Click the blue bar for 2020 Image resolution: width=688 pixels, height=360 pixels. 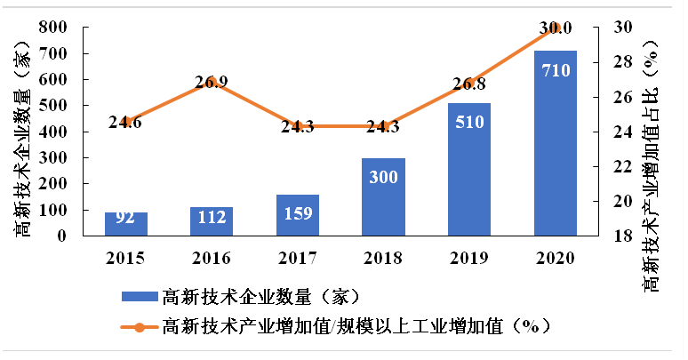click(556, 142)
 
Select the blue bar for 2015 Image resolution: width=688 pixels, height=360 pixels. click(126, 224)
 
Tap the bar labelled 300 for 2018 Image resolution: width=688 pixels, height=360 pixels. click(384, 196)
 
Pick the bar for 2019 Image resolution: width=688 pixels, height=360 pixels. click(469, 169)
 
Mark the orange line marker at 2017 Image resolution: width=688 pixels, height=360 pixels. click(298, 126)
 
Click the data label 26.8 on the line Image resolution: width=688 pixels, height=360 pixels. click(469, 84)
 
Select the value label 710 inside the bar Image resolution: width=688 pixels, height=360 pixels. click(556, 69)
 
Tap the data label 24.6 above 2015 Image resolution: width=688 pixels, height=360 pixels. click(125, 122)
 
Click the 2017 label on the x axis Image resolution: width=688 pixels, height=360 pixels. click(298, 258)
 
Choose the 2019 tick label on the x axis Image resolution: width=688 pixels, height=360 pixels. click(469, 258)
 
